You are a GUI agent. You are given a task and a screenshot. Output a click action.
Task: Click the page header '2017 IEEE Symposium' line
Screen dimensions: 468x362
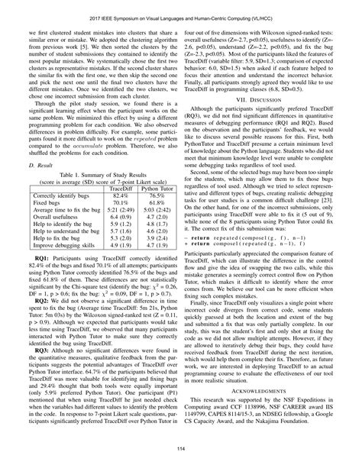point(181,12)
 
